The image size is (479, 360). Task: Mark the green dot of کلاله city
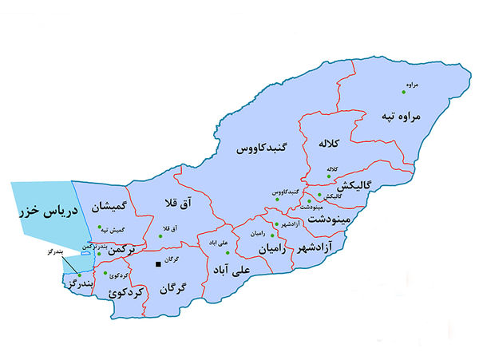(x=327, y=176)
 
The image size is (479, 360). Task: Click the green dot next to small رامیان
(x=273, y=236)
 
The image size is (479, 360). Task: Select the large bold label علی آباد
(x=231, y=271)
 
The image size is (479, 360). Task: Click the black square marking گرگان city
(x=158, y=263)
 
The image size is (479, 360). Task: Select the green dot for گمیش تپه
(x=99, y=227)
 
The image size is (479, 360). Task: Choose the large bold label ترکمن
(x=130, y=251)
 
